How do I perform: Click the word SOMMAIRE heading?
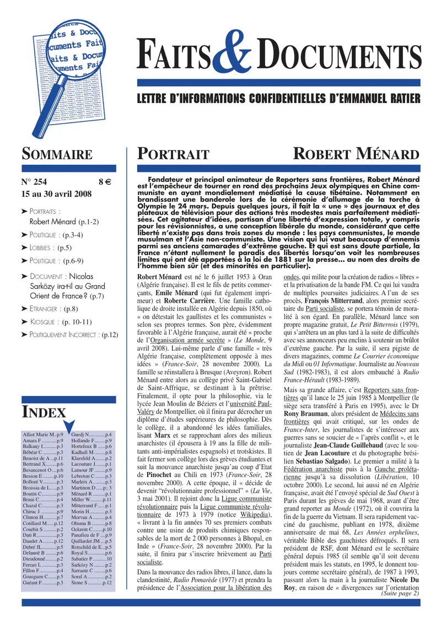[56, 155]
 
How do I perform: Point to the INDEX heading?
[44, 411]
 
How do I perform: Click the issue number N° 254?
[35, 182]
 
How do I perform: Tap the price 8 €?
[106, 182]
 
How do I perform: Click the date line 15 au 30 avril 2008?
[57, 194]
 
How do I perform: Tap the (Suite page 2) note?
[400, 594]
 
